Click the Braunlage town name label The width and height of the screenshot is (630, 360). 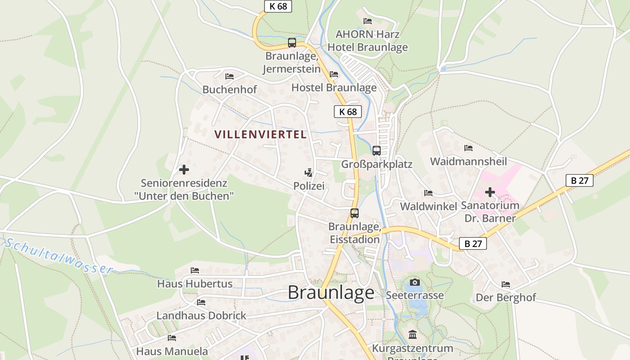[x=331, y=292]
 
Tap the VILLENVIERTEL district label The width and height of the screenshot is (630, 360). [x=261, y=134]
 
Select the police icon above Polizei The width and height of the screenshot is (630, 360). [x=308, y=172]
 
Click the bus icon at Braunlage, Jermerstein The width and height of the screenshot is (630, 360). [x=292, y=43]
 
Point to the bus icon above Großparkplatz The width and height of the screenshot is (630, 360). [x=377, y=151]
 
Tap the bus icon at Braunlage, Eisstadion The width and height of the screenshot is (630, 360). [x=355, y=213]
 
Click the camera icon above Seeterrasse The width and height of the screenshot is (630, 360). [x=415, y=283]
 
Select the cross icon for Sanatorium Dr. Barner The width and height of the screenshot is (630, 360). [x=490, y=193]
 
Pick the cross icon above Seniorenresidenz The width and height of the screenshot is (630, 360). [x=184, y=170]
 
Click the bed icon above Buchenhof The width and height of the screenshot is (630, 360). [x=229, y=76]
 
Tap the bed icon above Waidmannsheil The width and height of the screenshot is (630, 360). [x=468, y=148]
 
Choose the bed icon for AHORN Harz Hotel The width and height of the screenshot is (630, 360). [x=368, y=21]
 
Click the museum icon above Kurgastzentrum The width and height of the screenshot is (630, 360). [x=413, y=334]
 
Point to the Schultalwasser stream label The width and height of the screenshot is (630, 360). [x=58, y=256]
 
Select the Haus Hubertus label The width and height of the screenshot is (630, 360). [x=195, y=284]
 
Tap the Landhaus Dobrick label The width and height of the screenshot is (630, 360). [x=201, y=315]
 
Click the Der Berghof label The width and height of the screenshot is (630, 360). [x=506, y=297]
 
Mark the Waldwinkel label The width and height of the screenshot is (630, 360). [x=428, y=206]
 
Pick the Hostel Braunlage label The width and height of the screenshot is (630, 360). [x=334, y=87]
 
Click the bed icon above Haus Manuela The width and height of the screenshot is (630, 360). [x=171, y=337]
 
